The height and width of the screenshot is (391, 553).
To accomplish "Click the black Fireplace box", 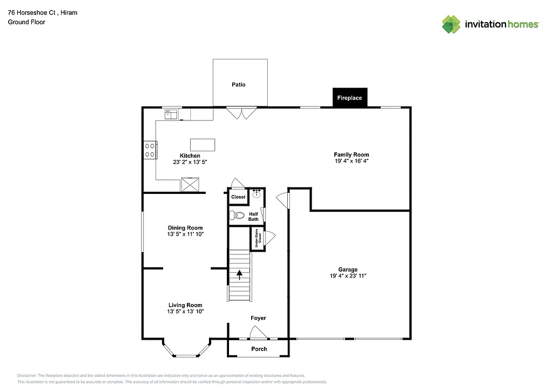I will point(349,98).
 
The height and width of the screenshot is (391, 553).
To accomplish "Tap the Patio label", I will point(238,84).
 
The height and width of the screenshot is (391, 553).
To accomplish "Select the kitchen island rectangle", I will point(203,145).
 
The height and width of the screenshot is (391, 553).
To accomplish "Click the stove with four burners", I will point(150,150).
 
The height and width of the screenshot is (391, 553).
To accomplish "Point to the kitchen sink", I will point(171,113).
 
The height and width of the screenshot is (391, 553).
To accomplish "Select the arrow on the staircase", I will point(239,275).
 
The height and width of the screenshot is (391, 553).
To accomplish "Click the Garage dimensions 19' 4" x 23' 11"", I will point(348,276).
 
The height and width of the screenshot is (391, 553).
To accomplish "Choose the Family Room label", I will point(351,155).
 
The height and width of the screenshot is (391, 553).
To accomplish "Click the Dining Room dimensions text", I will point(185,234).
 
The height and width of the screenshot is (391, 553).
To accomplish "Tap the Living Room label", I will point(185,305).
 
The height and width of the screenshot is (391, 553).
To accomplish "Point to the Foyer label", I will point(258,318).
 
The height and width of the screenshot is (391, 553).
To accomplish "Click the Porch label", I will point(259,349).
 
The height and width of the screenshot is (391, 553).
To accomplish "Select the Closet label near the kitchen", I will point(238,197).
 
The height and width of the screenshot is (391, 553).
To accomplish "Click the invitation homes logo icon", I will point(451,24).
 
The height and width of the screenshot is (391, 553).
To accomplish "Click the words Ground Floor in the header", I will point(26,22).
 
